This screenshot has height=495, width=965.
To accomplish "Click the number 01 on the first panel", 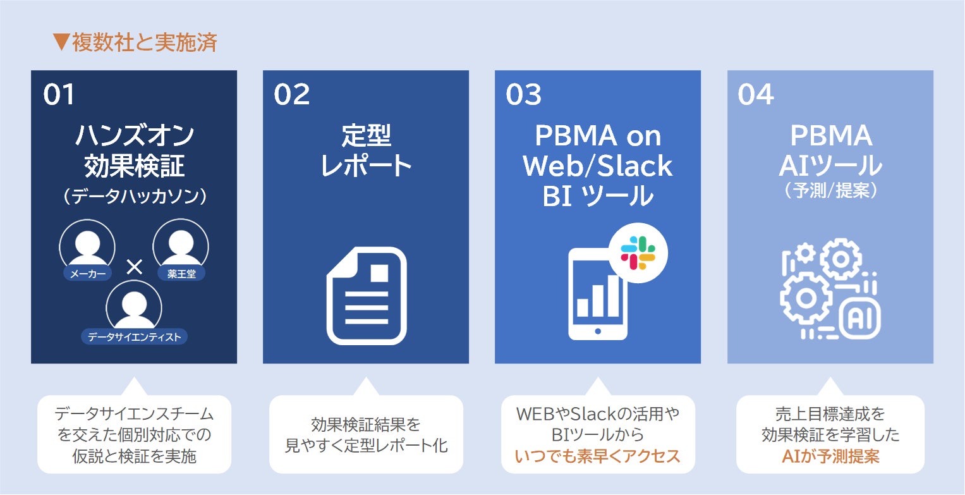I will point(59,95).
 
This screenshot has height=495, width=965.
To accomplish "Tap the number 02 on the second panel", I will point(291,95).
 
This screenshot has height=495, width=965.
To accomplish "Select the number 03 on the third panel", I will point(523,95).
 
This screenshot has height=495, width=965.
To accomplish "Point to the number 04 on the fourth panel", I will point(755,95).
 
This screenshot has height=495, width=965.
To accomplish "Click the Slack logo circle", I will point(638,252).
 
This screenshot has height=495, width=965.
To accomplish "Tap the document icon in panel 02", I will point(367,295).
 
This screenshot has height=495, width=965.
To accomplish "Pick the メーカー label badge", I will point(87,273).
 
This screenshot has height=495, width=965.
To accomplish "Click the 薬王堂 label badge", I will point(181,273).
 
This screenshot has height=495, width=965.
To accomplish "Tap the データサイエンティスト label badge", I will point(134,337).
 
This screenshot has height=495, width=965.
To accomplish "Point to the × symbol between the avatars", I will point(134,267).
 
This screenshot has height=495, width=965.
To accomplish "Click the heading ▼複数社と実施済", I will point(135,42).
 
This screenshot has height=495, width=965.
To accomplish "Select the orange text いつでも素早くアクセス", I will point(597,456).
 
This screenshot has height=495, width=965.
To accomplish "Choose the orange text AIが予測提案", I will point(830,456).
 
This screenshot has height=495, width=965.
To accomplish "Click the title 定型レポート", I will point(366,150).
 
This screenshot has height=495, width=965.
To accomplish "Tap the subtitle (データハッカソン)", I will point(134,197).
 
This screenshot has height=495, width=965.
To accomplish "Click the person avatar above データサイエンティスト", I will point(134,306).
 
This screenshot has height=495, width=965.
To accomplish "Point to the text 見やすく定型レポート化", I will point(366,446).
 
